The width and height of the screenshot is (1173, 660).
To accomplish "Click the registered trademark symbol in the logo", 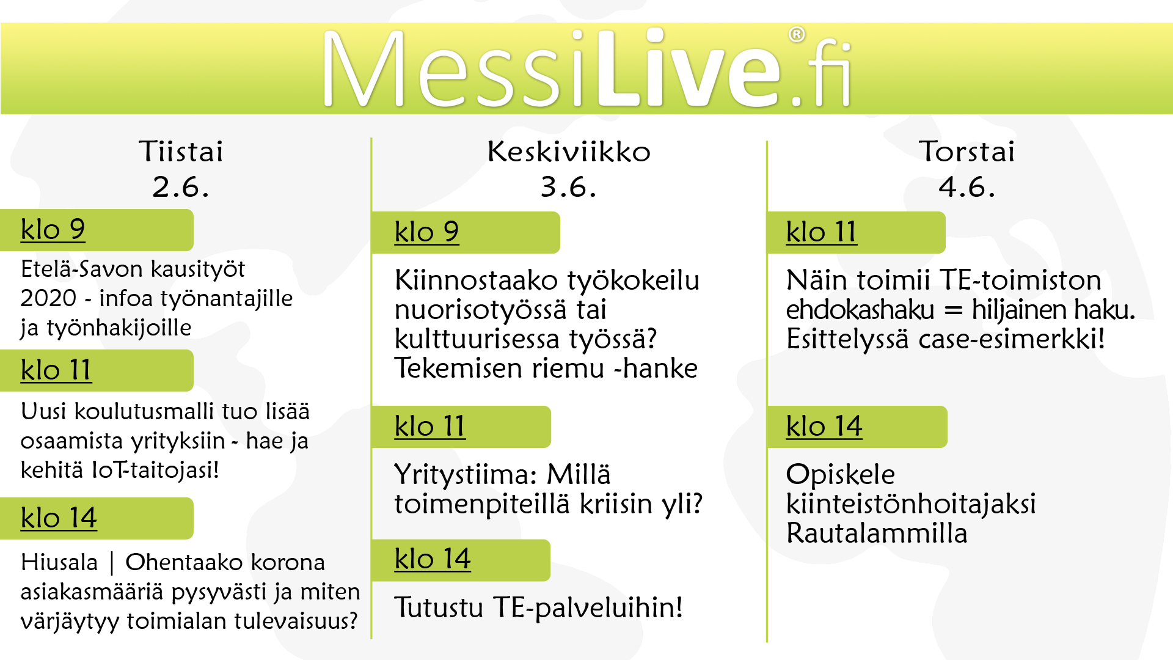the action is (796, 35).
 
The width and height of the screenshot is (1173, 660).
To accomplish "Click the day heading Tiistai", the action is (181, 151).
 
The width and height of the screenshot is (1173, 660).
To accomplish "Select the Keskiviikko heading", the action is (569, 151).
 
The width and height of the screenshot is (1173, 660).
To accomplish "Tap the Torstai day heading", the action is (967, 151).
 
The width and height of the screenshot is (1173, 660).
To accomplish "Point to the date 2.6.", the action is (181, 186).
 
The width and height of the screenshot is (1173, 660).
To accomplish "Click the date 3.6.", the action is (569, 186).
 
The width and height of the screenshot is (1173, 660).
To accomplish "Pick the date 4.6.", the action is (967, 186).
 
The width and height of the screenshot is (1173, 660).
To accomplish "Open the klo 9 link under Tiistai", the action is (53, 230).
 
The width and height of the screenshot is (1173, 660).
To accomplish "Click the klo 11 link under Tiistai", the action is (56, 370).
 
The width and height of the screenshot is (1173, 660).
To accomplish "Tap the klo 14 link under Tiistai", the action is (59, 518).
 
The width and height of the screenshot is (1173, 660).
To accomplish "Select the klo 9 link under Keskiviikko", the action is (426, 232).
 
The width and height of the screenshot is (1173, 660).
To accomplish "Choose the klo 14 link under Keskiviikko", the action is (433, 559).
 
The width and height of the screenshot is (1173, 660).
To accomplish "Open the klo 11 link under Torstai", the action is (821, 232).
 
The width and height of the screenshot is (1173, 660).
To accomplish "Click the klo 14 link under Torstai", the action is (824, 427).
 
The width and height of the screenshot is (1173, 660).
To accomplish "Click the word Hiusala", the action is (59, 562).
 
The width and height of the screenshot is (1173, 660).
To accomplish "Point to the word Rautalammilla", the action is (877, 533).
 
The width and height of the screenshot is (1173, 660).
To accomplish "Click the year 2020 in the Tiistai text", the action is (48, 298).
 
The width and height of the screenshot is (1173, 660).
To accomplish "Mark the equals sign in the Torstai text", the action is (953, 310).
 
